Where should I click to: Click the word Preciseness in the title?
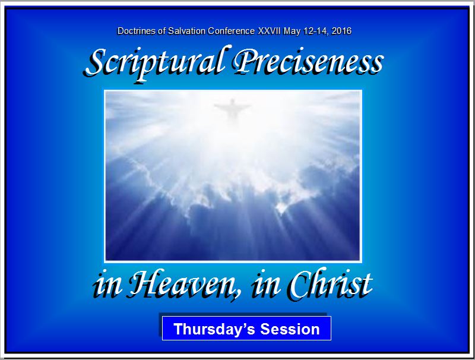tap(308, 62)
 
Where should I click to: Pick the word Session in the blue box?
tap(290, 329)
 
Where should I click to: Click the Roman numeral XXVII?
tap(270, 31)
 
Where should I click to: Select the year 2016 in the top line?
tap(342, 31)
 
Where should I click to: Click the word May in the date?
tap(292, 31)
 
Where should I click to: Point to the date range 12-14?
tap(316, 31)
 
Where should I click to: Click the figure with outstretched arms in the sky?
tap(232, 109)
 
